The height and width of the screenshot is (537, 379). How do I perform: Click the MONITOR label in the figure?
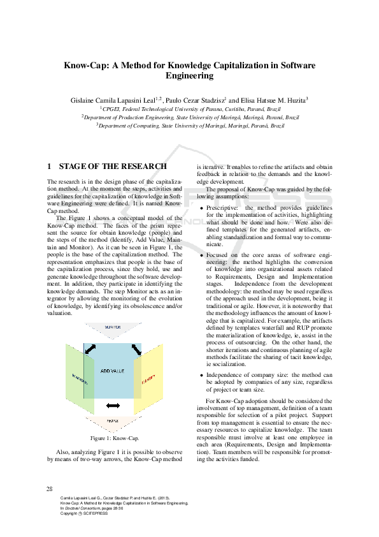click(113, 327)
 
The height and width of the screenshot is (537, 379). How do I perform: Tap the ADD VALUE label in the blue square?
click(113, 371)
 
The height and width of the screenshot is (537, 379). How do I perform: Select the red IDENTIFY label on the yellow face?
click(148, 378)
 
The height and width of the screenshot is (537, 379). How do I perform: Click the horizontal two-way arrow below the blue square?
click(113, 406)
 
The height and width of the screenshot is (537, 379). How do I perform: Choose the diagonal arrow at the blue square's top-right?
click(136, 349)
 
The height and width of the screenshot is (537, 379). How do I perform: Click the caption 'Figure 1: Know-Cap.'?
click(114, 438)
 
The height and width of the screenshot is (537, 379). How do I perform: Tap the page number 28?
click(50, 489)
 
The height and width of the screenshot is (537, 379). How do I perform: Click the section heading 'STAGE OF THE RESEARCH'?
click(113, 166)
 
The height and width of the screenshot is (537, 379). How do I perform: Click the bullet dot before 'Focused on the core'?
click(201, 254)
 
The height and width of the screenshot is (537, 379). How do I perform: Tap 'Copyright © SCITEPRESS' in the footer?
click(83, 514)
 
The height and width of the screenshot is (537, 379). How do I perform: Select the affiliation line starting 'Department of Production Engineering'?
click(190, 117)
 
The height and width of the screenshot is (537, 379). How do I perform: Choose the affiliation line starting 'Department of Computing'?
click(190, 126)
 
